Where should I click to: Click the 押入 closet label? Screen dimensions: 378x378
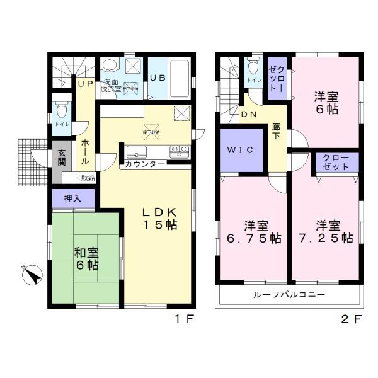tap(73, 198)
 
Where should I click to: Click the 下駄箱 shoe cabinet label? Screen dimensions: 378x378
tap(84, 178)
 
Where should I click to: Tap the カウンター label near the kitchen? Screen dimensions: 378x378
tap(146, 164)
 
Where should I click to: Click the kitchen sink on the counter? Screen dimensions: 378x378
tap(136, 152)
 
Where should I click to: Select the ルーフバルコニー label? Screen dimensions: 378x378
tap(289, 295)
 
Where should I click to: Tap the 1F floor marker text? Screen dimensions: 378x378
tap(182, 319)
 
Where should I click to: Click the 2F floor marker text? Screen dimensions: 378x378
tap(352, 319)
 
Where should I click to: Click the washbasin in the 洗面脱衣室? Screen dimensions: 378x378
tap(110, 66)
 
